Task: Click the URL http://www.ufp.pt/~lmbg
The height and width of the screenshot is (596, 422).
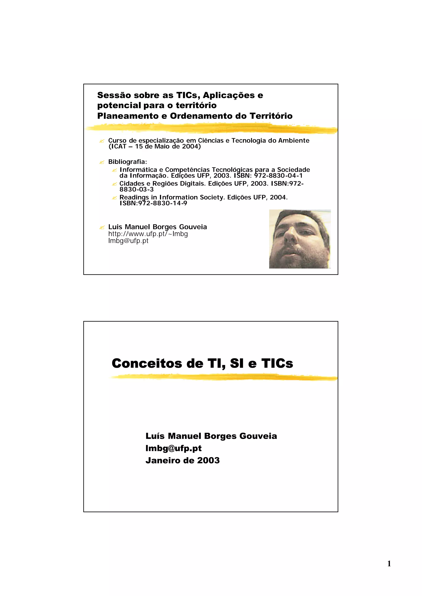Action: [x=148, y=234]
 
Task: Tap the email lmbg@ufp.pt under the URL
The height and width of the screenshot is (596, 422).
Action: [x=128, y=241]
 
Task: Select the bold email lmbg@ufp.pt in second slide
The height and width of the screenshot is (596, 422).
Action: [x=173, y=448]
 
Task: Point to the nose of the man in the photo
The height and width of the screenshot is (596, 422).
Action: [x=290, y=235]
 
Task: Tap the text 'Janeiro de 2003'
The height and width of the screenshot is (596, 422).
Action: [x=182, y=460]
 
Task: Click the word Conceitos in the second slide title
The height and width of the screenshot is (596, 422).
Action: [x=147, y=363]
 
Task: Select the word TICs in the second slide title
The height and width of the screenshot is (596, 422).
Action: [x=277, y=363]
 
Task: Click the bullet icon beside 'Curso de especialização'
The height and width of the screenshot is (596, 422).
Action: [x=102, y=141]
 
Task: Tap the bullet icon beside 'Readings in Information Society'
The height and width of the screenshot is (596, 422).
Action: [x=114, y=198]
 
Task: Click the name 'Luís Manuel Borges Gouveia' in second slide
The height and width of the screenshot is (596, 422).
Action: [x=211, y=436]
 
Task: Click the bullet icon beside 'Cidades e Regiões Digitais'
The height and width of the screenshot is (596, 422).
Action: [x=114, y=184]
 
